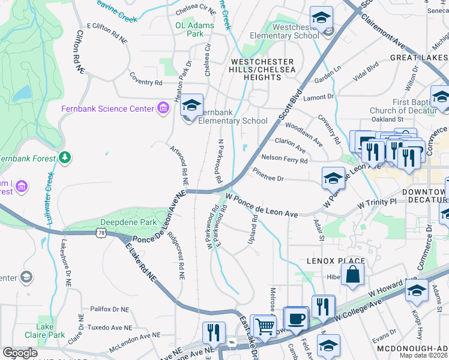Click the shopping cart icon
click(264, 326)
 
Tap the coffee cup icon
click(295, 319)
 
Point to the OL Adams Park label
click(194, 30)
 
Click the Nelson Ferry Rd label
click(284, 160)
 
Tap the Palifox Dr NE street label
click(109, 309)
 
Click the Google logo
click(20, 352)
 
